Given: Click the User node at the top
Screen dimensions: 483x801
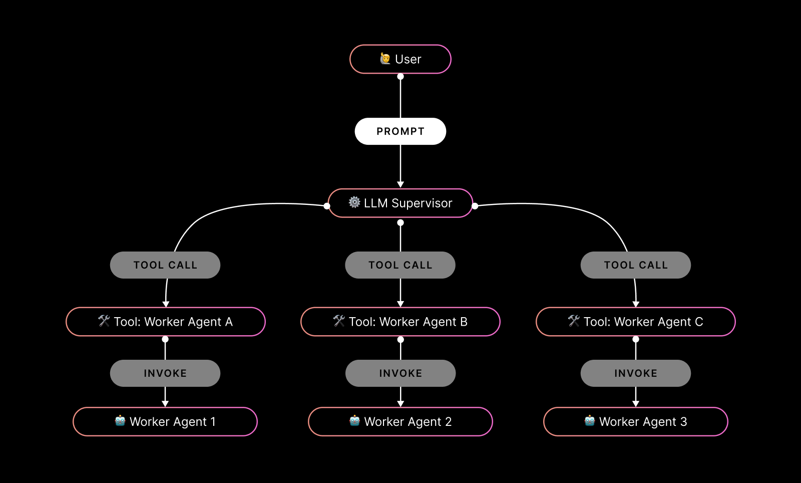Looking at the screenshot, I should point(400,59).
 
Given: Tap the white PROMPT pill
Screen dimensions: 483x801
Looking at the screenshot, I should point(400,131).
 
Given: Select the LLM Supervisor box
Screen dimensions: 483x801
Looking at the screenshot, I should point(400,203).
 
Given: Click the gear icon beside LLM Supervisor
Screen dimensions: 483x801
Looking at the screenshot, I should point(354,202).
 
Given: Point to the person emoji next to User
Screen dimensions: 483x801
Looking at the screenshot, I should point(385,59).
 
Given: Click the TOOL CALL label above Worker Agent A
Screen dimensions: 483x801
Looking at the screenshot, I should point(165,265).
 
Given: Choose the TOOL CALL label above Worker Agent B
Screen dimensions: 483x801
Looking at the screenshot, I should point(400,265).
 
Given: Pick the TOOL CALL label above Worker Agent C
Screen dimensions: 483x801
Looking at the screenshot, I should point(636,265).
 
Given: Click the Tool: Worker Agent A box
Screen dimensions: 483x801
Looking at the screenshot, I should point(165,322).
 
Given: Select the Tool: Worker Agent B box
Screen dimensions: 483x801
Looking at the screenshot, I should point(400,322).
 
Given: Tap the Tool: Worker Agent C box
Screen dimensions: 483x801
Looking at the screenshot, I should point(636,322).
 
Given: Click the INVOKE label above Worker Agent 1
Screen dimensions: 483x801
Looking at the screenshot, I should point(165,373).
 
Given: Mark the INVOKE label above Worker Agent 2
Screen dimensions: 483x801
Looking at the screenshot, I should point(400,373).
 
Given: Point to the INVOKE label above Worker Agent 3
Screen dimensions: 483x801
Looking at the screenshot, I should point(636,373).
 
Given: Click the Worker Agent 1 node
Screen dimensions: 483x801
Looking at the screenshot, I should point(165,422).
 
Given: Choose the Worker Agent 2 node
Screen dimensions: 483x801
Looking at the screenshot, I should point(400,422).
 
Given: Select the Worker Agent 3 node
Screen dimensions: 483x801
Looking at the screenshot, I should point(636,422).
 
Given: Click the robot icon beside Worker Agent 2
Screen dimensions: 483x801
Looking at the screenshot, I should point(354,421).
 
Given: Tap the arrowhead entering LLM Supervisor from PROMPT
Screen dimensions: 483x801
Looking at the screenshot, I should point(400,184).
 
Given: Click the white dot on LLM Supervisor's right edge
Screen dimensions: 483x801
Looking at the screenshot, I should point(475,206).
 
